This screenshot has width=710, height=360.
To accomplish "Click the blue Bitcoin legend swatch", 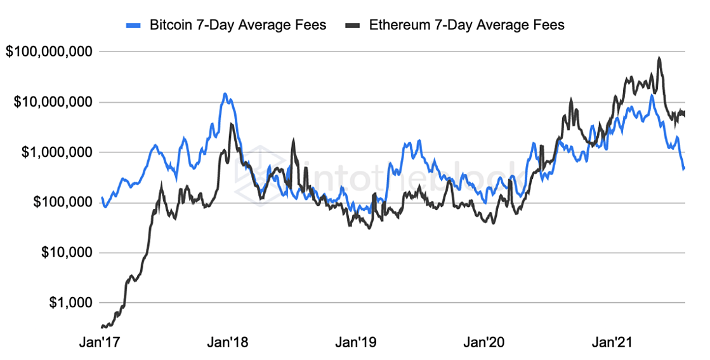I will click(134, 25).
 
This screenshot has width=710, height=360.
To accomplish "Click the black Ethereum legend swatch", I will click(352, 25).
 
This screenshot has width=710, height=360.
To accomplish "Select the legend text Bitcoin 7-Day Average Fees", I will click(237, 25).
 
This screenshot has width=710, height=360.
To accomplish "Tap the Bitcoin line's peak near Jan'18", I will click(225, 94).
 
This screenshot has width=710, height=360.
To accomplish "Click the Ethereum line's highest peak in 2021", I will click(659, 58).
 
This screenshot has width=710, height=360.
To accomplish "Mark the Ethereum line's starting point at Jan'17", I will click(102, 326).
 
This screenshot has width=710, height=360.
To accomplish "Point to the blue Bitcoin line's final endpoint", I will click(684, 169).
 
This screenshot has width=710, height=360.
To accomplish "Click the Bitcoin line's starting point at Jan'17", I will click(102, 197).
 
